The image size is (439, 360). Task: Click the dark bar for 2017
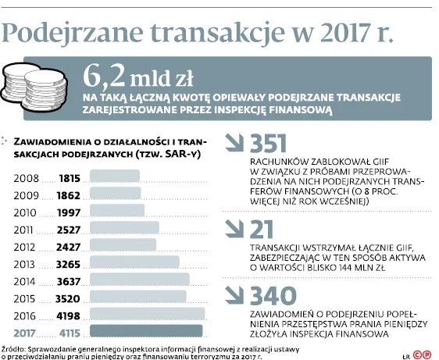tap(146, 330)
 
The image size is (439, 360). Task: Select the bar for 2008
tap(115, 176)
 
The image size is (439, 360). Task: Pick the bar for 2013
tap(134, 262)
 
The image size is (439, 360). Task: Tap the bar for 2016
tap(148, 313)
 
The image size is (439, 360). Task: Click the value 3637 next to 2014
tap(69, 282)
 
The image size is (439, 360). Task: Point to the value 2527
tap(69, 230)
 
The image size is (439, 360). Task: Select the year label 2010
tap(25, 212)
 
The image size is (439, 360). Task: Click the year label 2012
tap(25, 248)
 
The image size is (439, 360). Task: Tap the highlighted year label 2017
tap(25, 333)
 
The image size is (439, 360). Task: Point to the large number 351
tap(268, 144)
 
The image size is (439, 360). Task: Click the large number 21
tap(262, 229)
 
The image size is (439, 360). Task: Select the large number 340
tap(273, 296)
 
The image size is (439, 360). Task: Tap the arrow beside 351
tap(234, 143)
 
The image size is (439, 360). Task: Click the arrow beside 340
tap(234, 295)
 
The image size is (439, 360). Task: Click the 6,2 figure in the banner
tap(104, 77)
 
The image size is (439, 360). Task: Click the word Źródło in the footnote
tap(13, 349)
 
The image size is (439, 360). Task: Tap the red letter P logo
tap(427, 355)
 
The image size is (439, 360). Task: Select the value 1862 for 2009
tap(69, 195)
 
